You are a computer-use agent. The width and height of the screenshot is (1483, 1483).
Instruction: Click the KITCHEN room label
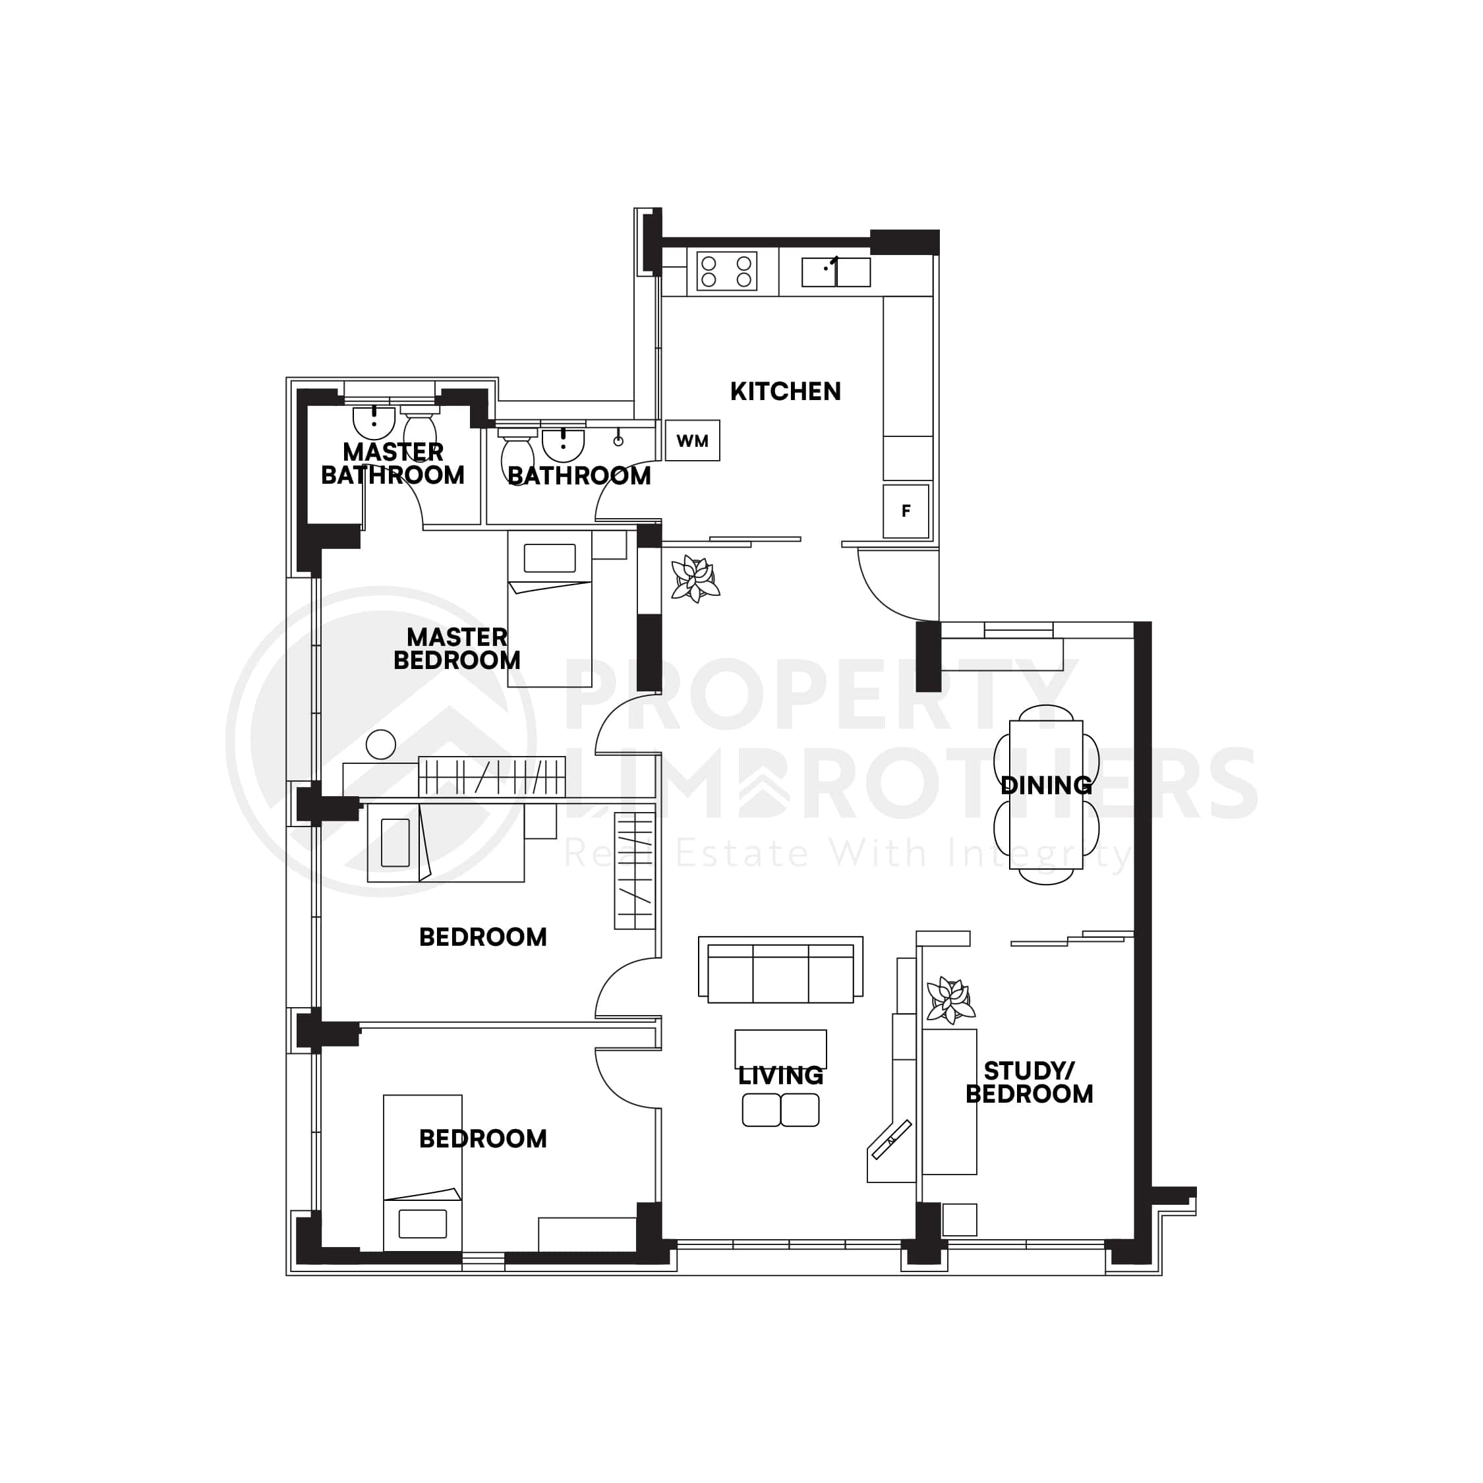tap(785, 392)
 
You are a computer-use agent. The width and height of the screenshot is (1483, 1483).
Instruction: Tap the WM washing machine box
tap(692, 440)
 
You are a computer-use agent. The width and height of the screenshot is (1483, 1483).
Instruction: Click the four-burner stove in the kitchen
tap(726, 271)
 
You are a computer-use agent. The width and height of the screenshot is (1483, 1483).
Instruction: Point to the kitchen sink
tap(836, 272)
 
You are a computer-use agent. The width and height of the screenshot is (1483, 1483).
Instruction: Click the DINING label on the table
tap(1046, 785)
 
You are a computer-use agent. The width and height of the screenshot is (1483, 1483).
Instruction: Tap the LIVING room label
tap(780, 1076)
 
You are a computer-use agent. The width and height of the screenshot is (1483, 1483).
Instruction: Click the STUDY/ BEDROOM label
tap(1030, 1082)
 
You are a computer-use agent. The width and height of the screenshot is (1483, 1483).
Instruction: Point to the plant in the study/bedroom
tap(950, 1000)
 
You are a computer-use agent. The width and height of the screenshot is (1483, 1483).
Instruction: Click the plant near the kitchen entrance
tap(695, 578)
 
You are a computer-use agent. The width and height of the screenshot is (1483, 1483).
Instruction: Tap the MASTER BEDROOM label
tap(457, 649)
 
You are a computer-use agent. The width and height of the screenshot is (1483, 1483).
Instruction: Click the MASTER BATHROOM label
tap(393, 463)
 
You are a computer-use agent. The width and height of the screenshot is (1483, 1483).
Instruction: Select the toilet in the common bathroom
tap(517, 457)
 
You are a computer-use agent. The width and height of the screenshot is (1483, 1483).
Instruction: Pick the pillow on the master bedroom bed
tap(550, 558)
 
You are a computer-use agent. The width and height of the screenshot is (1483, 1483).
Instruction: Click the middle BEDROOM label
tap(483, 937)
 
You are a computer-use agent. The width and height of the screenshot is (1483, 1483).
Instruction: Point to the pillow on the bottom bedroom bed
tap(423, 1223)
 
